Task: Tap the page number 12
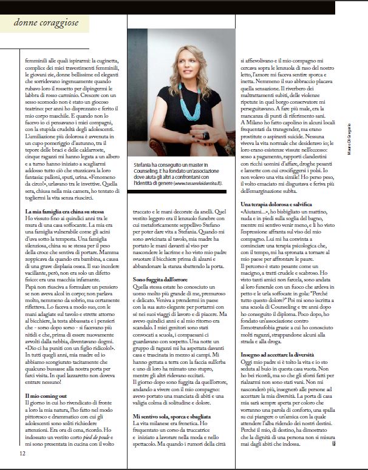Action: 22,451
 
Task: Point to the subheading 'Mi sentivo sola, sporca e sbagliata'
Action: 171,398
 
